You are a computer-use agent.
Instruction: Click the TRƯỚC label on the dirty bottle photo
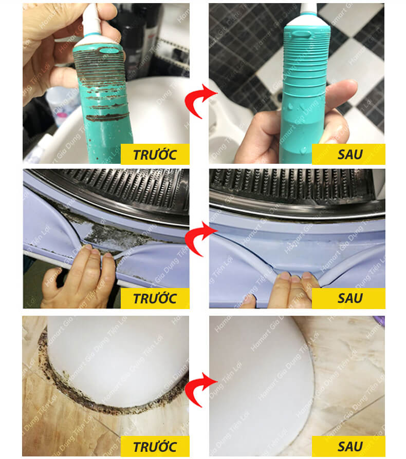[155, 154]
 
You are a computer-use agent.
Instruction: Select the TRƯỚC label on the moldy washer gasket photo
[155, 298]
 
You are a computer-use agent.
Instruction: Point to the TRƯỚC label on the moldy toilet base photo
[155, 446]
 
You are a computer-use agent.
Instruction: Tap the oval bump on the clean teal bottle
[302, 34]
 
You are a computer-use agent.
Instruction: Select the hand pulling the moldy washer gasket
[79, 277]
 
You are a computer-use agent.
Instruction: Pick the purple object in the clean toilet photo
[379, 322]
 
